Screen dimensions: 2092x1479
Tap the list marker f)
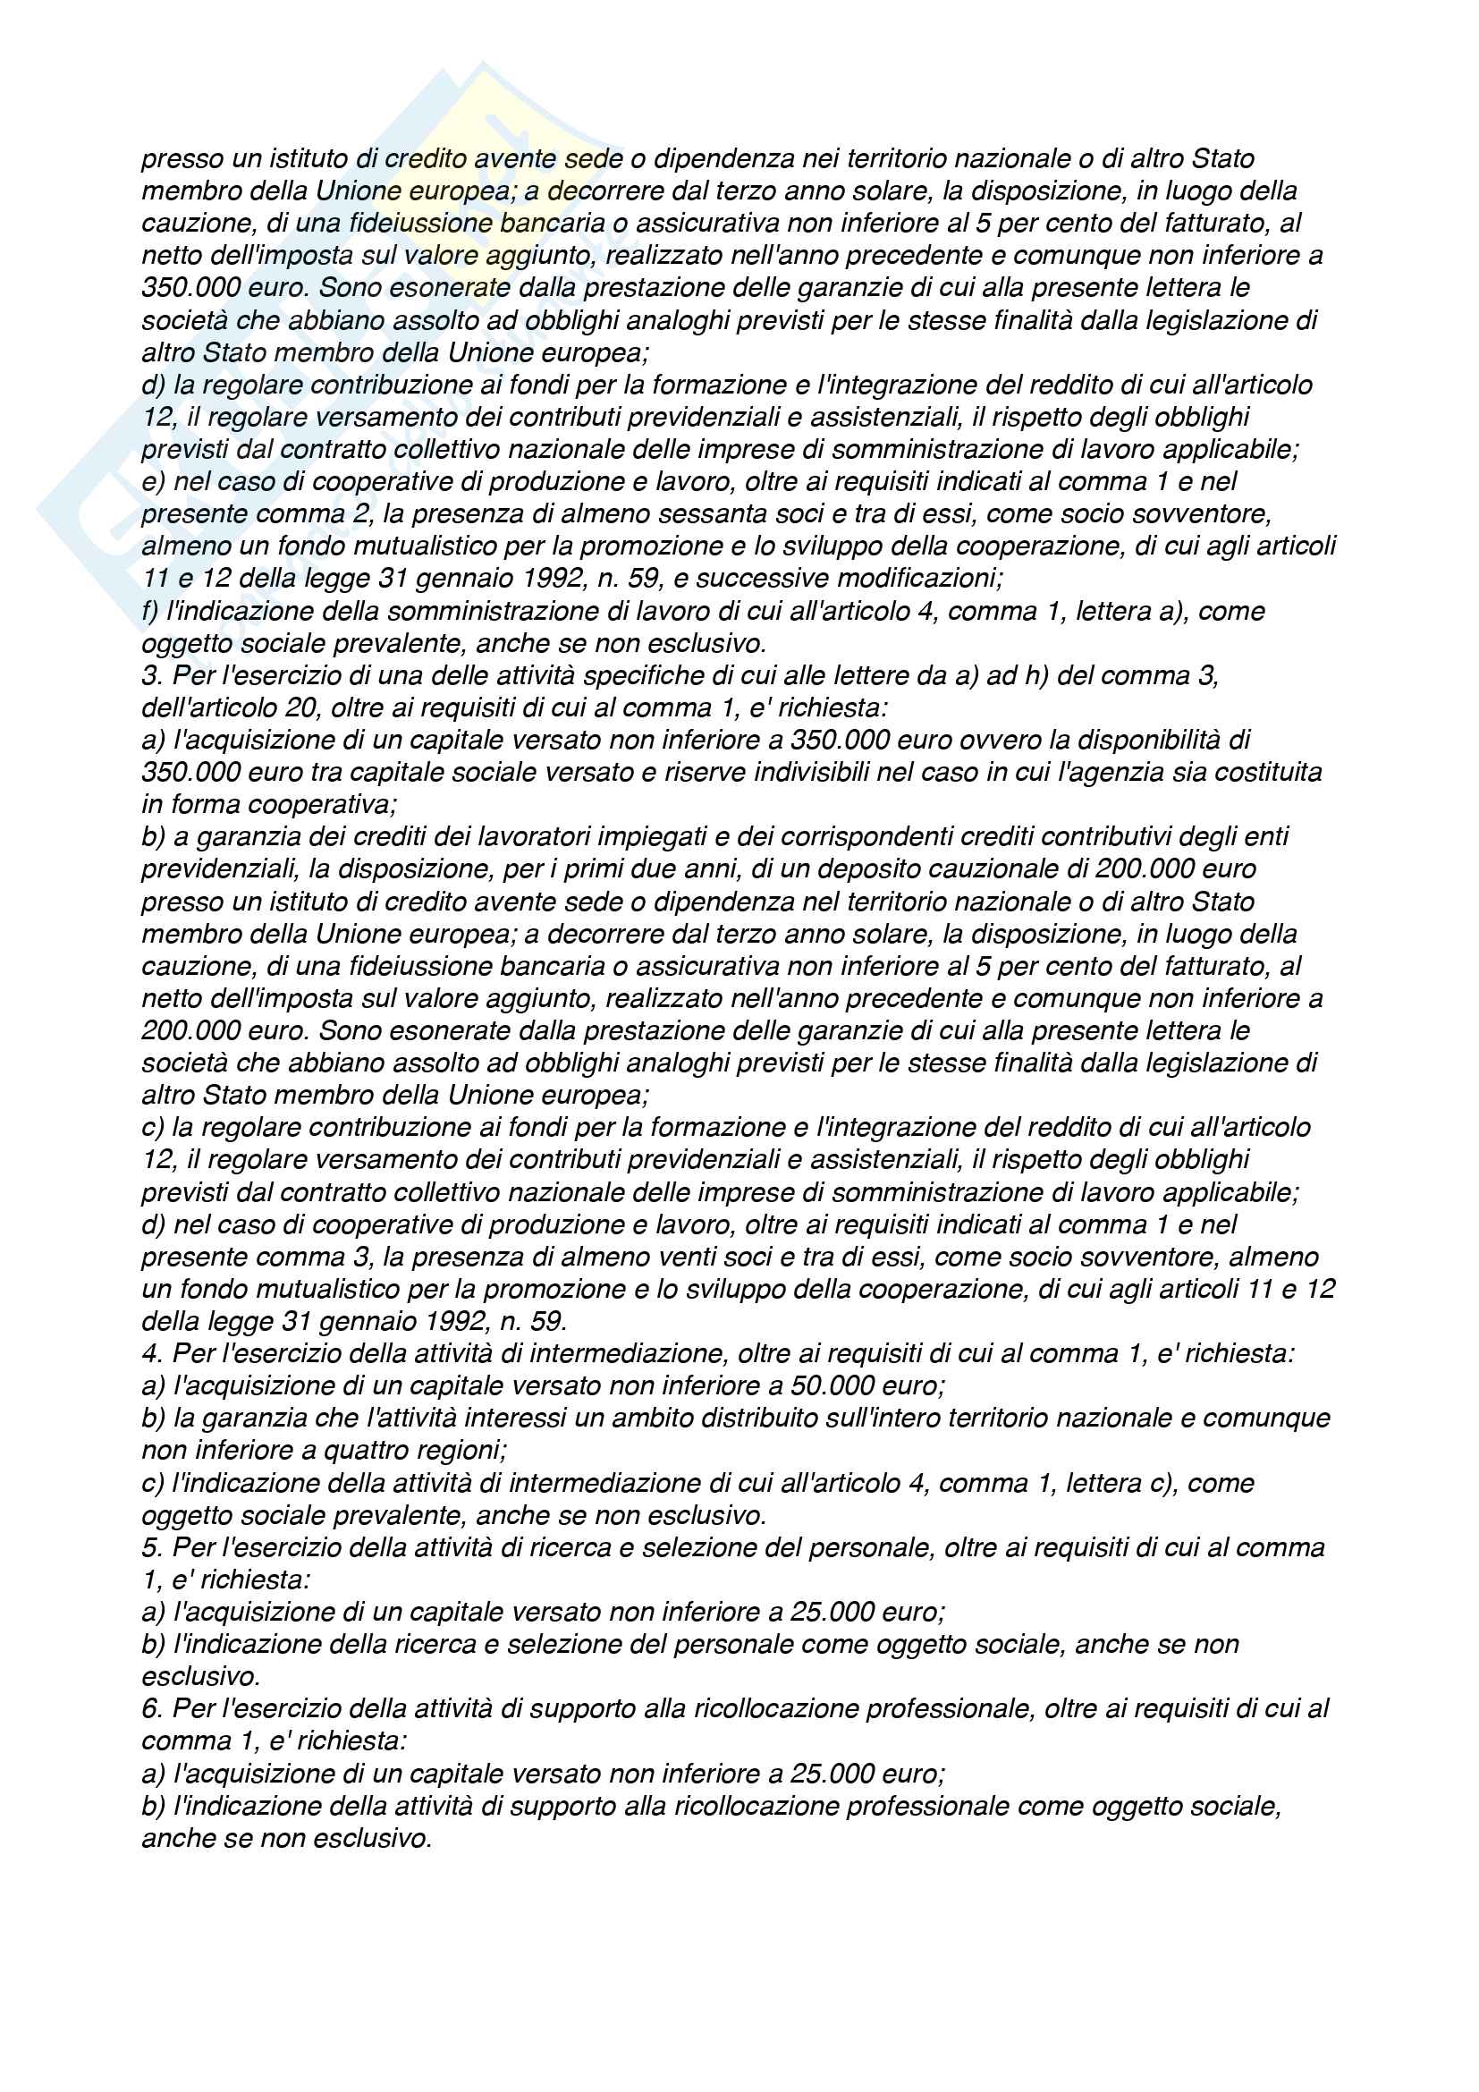151,612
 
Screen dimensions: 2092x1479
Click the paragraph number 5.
151,1548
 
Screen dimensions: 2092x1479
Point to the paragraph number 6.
151,1709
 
